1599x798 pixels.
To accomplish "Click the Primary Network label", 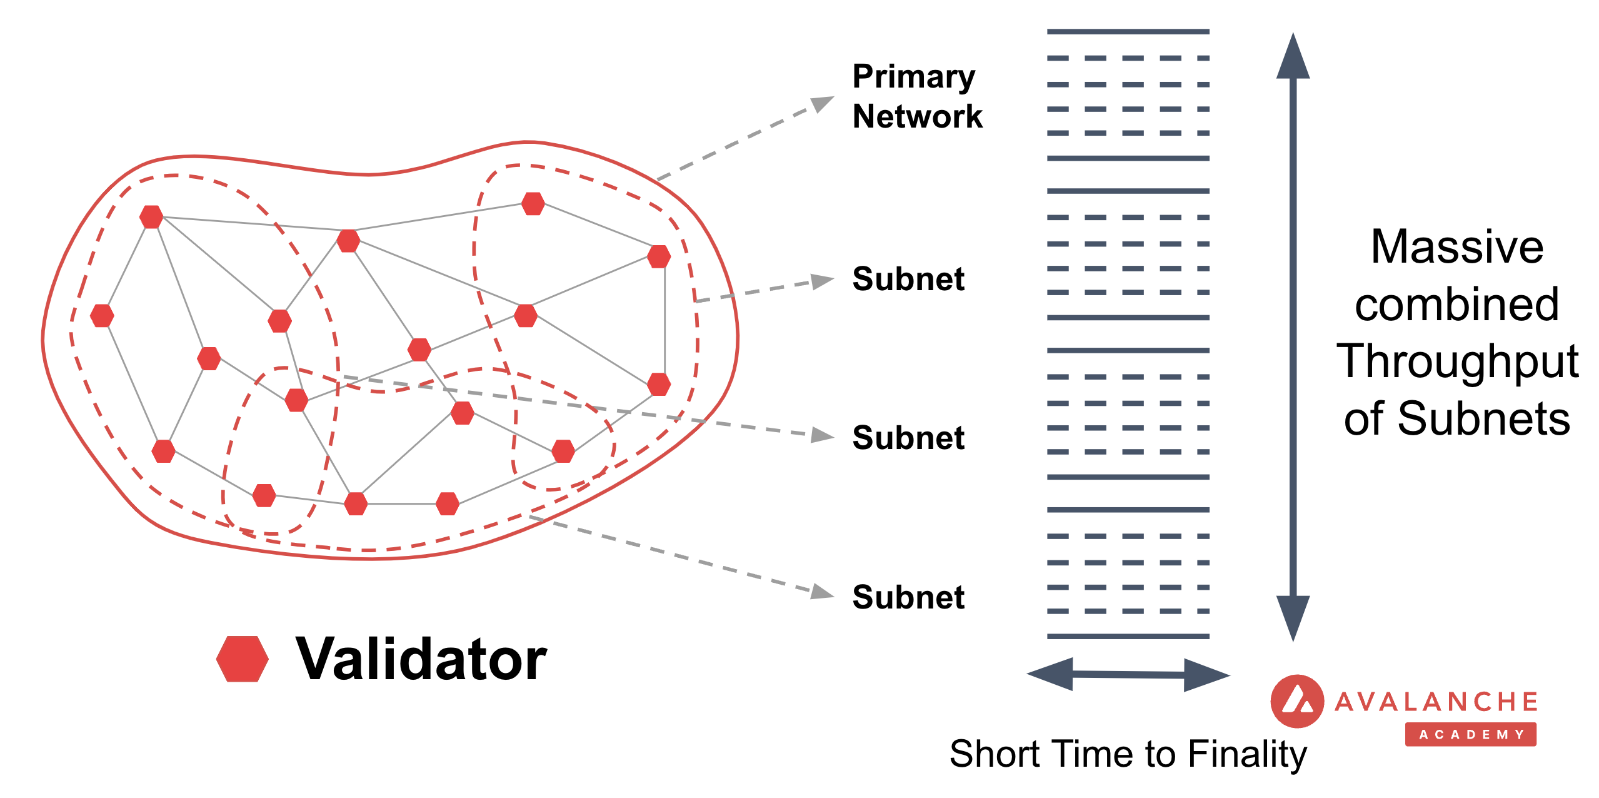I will pos(916,96).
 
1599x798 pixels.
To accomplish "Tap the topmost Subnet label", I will pos(908,279).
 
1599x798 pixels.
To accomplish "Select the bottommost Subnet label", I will pos(908,597).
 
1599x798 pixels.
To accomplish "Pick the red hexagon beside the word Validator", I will pos(243,659).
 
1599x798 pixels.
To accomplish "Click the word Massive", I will pos(1456,247).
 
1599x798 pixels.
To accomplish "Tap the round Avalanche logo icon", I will pos(1297,701).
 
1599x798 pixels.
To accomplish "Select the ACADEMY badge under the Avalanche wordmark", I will pos(1470,734).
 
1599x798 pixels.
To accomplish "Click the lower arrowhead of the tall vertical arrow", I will pos(1293,616).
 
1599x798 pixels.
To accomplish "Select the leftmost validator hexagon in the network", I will pos(102,316).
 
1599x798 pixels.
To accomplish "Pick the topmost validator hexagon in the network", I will pos(533,203).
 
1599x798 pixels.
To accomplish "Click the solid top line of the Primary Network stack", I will pos(1128,31).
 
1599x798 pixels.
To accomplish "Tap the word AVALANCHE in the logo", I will pos(1436,702).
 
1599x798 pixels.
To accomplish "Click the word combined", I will pos(1456,305).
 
